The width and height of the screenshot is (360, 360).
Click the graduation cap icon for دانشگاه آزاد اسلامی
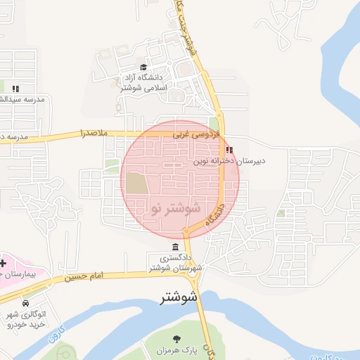tap(144, 67)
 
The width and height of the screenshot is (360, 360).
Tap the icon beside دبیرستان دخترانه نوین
tap(229, 150)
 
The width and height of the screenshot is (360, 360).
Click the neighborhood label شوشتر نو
tap(175, 209)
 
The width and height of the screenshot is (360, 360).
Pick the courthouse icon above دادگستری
tap(174, 247)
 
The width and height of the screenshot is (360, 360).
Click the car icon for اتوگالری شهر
tap(26, 303)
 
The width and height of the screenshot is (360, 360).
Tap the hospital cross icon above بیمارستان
tap(3, 262)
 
